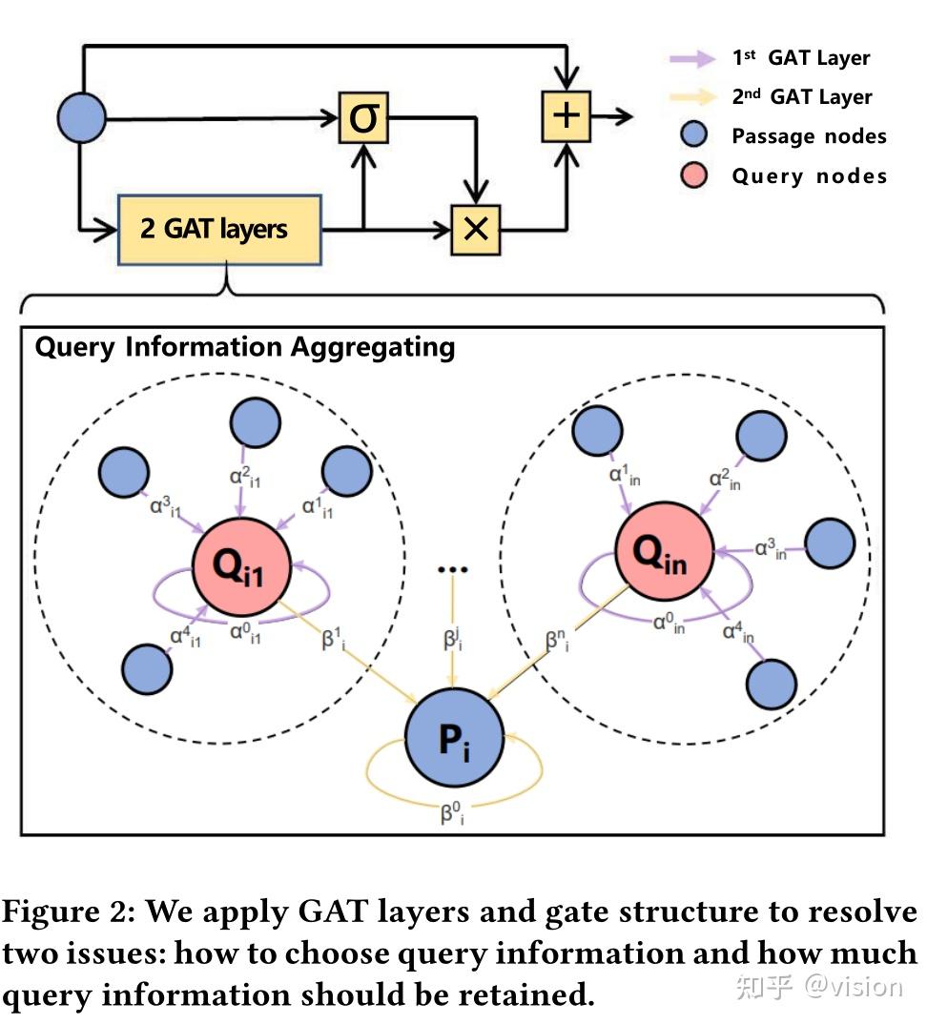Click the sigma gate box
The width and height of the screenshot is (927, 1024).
click(363, 119)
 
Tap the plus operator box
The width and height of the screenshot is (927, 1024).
click(566, 116)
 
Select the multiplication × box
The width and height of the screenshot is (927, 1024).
click(475, 229)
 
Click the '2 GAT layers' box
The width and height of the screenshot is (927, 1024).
click(220, 230)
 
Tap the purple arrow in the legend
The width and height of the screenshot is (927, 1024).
click(692, 59)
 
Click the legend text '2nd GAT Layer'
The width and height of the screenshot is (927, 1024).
click(801, 97)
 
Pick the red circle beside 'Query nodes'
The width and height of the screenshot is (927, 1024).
click(694, 175)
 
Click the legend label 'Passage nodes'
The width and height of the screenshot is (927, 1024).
click(809, 136)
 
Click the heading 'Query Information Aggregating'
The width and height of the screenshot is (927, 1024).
click(245, 347)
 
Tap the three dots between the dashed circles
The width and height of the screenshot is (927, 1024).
click(452, 570)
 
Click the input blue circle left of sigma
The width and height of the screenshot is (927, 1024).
click(82, 119)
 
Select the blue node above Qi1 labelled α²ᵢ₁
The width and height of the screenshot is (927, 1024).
click(254, 421)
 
